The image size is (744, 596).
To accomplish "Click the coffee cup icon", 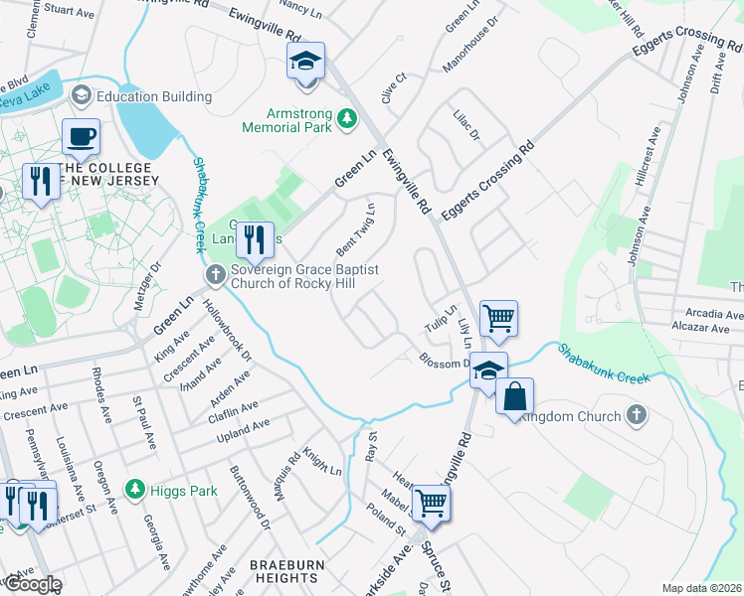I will click(x=81, y=136).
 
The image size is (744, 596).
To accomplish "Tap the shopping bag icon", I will click(x=514, y=397).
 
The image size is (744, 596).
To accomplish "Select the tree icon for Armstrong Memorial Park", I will click(x=346, y=119).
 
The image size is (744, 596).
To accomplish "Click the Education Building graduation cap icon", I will click(x=81, y=96).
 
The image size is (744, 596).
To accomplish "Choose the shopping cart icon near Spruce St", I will click(x=431, y=503).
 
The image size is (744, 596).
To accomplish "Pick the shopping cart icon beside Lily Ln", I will click(x=498, y=319).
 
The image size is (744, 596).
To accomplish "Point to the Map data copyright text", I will click(x=700, y=588).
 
